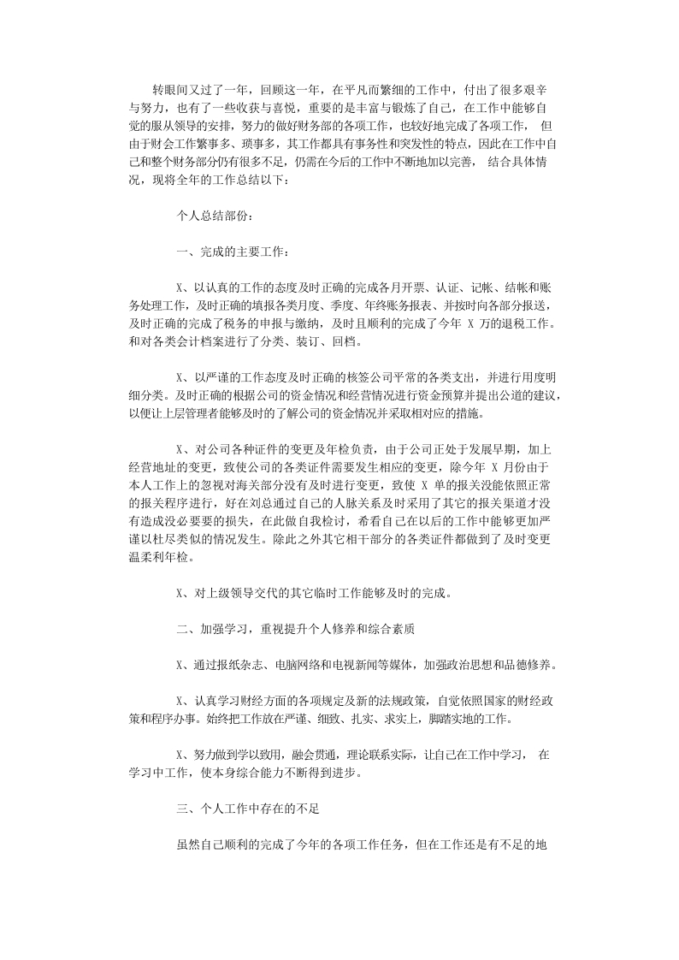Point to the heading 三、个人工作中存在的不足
(247, 806)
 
